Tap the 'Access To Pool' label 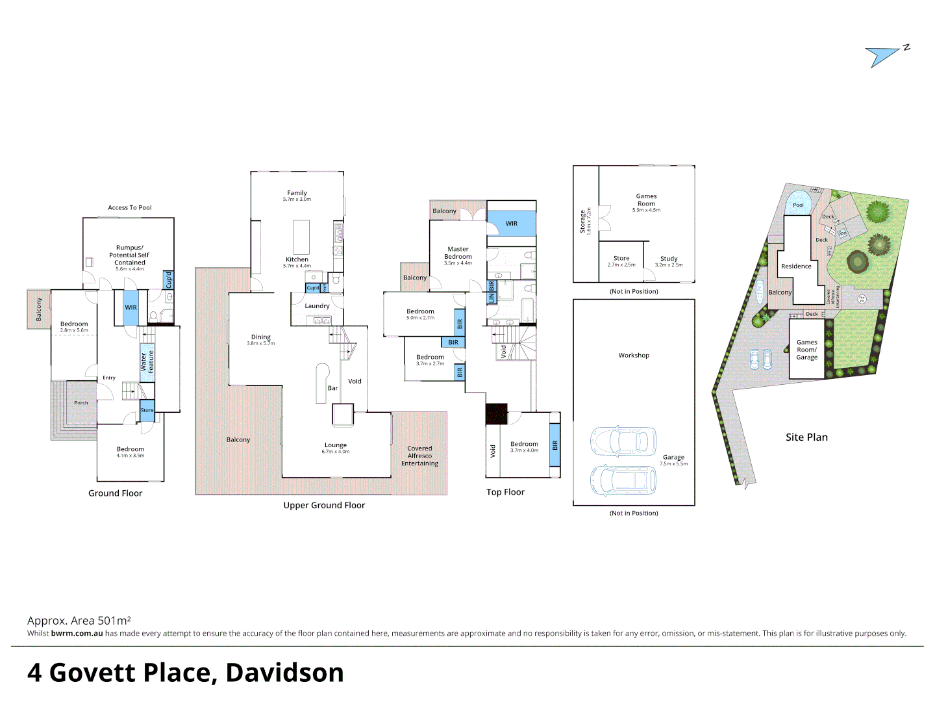pos(130,208)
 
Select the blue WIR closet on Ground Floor pos(131,307)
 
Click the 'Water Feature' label pos(147,361)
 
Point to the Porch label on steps pos(81,403)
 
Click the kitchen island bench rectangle pos(301,237)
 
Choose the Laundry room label pos(317,306)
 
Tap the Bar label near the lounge pos(332,388)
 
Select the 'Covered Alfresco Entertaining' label pos(419,456)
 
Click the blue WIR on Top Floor pos(512,224)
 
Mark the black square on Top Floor pos(497,414)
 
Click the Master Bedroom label pos(458,253)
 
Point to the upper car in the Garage pos(623,441)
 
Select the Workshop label pos(634,356)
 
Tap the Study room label pos(669,259)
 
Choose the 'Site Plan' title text pos(806,437)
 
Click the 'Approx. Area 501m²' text pos(79,621)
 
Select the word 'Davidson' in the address pos(284,673)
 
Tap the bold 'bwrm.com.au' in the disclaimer pos(77,634)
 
